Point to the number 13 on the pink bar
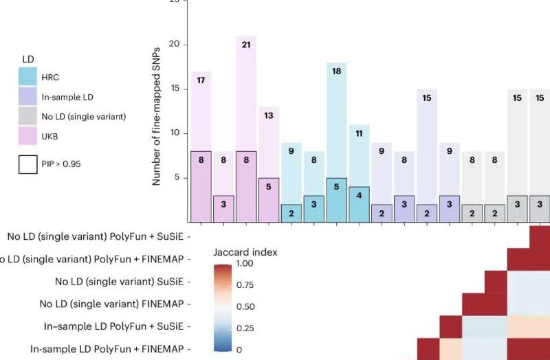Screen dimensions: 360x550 pos(268,116)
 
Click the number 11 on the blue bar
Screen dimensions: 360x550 pos(358,134)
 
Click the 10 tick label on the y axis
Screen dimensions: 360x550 pos(175,133)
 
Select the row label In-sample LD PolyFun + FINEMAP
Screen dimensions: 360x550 pos(107,349)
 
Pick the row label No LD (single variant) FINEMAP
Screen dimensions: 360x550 pos(111,303)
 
